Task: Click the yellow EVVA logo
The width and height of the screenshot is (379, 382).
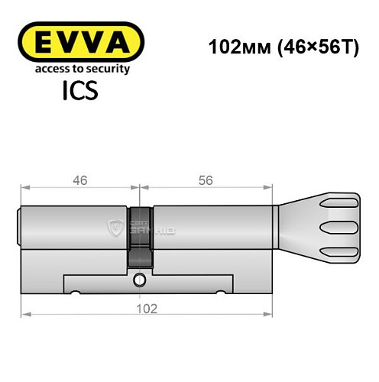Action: pyautogui.click(x=81, y=41)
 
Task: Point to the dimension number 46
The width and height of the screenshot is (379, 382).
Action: pyautogui.click(x=80, y=180)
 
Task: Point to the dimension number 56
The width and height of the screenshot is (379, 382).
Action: pyautogui.click(x=204, y=180)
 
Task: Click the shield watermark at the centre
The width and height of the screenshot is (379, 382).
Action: pyautogui.click(x=117, y=226)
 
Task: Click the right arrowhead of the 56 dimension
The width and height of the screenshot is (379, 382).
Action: pyautogui.click(x=270, y=186)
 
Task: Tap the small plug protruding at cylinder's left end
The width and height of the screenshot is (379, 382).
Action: pyautogui.click(x=20, y=227)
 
